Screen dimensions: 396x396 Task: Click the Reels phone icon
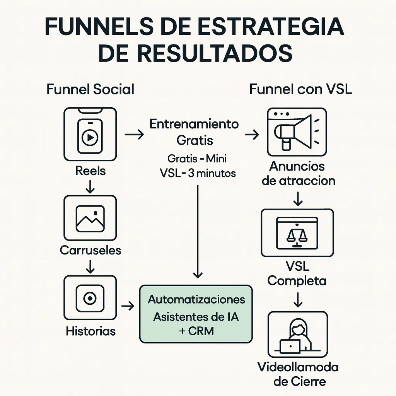point(90,134)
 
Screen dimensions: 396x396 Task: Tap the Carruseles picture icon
point(90,218)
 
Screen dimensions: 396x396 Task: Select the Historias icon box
point(90,299)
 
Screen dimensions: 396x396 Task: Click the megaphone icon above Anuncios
point(297,133)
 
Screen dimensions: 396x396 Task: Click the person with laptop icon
point(297,335)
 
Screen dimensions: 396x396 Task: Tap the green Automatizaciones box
point(196,314)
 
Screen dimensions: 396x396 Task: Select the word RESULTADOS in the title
point(215,53)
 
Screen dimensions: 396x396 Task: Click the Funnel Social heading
point(90,89)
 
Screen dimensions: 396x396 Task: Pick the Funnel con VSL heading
point(300,89)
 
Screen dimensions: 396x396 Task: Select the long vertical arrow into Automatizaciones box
point(198,232)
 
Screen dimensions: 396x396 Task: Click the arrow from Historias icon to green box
point(128,306)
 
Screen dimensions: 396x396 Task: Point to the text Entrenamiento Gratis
point(195,132)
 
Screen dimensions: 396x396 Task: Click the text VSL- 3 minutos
point(197,173)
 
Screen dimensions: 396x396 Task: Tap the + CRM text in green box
point(196,331)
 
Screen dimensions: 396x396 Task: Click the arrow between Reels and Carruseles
point(90,186)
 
